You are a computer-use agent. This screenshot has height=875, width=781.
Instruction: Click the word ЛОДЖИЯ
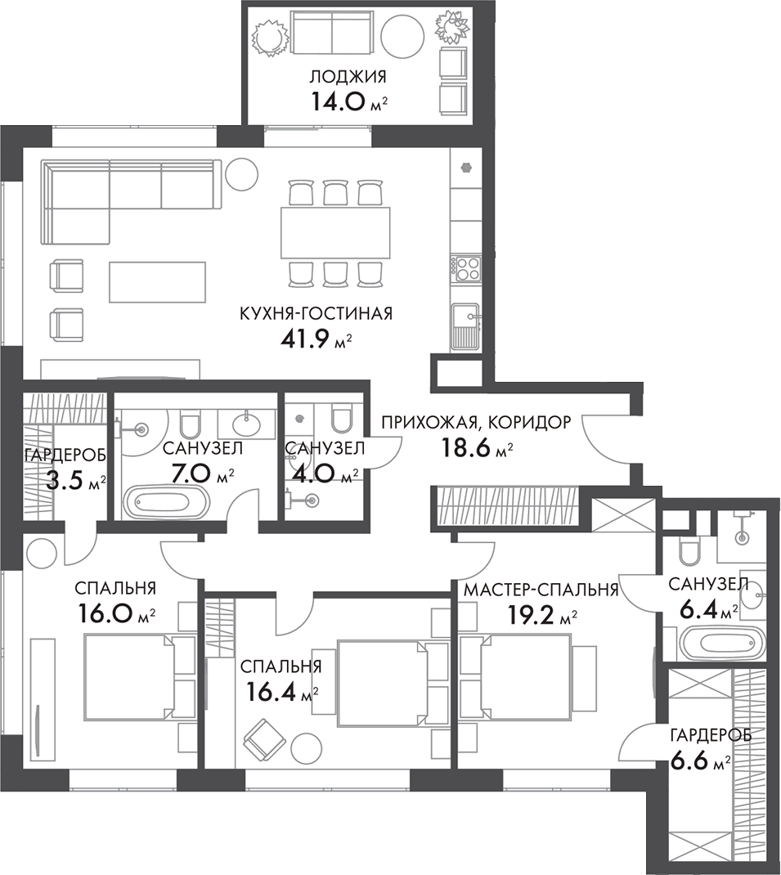pyautogui.click(x=348, y=78)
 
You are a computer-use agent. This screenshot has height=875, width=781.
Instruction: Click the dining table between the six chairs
pyautogui.click(x=335, y=233)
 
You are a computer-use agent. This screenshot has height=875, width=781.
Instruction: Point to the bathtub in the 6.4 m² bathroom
pyautogui.click(x=714, y=644)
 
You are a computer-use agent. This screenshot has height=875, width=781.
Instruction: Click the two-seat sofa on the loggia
pyautogui.click(x=332, y=35)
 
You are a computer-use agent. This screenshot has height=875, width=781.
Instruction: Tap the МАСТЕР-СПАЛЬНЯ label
pyautogui.click(x=541, y=590)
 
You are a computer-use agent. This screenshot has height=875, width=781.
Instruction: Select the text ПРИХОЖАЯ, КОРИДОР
pyautogui.click(x=476, y=423)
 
